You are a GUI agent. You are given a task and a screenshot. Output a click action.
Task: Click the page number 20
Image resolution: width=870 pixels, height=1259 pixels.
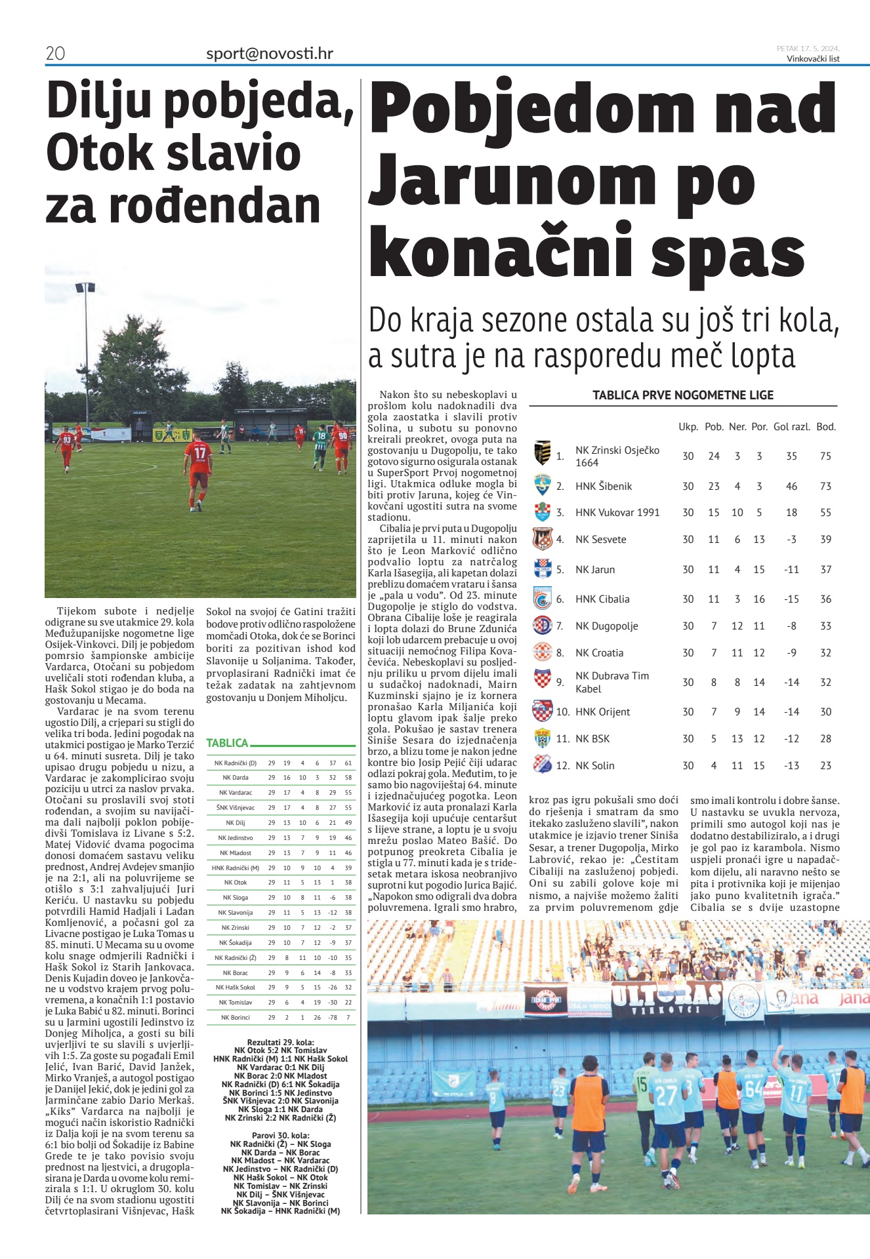pyautogui.click(x=55, y=53)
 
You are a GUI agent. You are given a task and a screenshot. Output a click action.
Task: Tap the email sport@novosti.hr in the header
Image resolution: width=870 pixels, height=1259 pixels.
pyautogui.click(x=269, y=53)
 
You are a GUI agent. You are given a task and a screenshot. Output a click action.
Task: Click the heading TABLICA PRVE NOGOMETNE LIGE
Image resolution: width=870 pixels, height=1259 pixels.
pyautogui.click(x=683, y=395)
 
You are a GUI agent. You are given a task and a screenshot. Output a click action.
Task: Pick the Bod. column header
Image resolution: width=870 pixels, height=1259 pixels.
pyautogui.click(x=826, y=427)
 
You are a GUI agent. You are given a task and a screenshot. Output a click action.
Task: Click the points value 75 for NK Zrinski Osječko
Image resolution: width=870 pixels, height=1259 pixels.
pyautogui.click(x=825, y=456)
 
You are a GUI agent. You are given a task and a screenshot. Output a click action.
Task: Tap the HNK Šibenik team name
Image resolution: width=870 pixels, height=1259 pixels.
pyautogui.click(x=604, y=487)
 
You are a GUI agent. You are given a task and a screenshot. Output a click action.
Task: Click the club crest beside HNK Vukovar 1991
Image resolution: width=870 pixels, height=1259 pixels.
pyautogui.click(x=543, y=512)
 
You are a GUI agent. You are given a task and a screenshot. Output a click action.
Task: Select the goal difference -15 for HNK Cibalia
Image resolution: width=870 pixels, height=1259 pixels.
pyautogui.click(x=791, y=599)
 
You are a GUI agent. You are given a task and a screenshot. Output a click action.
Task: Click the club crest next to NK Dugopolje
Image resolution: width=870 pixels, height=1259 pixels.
pyautogui.click(x=543, y=626)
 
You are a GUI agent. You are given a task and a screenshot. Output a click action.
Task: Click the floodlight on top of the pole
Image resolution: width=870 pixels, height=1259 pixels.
pyautogui.click(x=85, y=287)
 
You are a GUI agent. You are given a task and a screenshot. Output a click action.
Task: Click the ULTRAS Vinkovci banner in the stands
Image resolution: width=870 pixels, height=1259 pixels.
pyautogui.click(x=666, y=998)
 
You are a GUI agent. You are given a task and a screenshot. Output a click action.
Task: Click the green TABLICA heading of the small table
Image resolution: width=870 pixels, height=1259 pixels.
pyautogui.click(x=227, y=743)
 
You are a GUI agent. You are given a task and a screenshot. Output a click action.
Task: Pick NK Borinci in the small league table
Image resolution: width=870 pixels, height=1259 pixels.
pyautogui.click(x=235, y=1018)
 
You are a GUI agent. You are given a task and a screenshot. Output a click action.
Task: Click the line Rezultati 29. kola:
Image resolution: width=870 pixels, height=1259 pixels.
pyautogui.click(x=280, y=1042)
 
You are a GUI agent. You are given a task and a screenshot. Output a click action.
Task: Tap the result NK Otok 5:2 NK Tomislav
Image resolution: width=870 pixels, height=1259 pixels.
pyautogui.click(x=280, y=1050)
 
